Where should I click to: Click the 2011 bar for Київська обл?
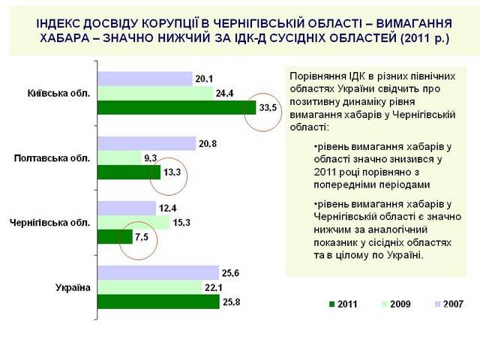pyautogui.click(x=171, y=108)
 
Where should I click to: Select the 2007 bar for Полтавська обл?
pyautogui.click(x=147, y=143)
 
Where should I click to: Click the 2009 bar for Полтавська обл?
pyautogui.click(x=118, y=158)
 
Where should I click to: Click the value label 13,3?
pyautogui.click(x=171, y=173)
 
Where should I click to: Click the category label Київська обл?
pyautogui.click(x=58, y=94)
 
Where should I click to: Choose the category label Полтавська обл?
pyautogui.click(x=52, y=158)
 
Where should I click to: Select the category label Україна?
pyautogui.click(x=73, y=287)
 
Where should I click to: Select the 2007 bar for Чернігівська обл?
pyautogui.click(x=127, y=208)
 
